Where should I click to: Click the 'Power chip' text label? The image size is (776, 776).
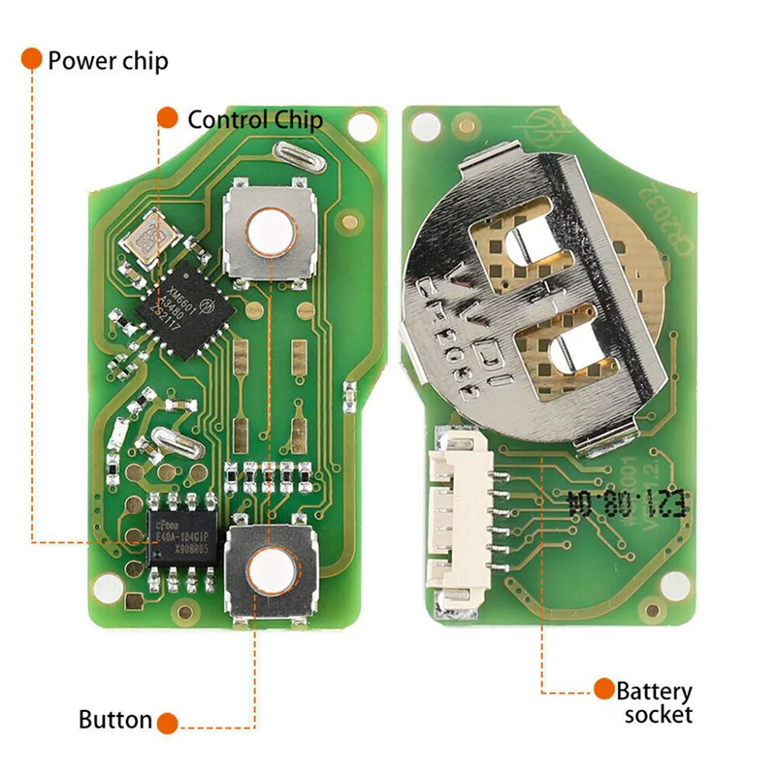pyautogui.click(x=107, y=60)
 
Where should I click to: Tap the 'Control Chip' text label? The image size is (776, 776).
pyautogui.click(x=254, y=119)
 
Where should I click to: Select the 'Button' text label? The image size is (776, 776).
pyautogui.click(x=114, y=720)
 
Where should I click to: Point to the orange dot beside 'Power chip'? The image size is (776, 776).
pyautogui.click(x=32, y=58)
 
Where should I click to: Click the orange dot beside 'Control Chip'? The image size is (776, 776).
pyautogui.click(x=167, y=118)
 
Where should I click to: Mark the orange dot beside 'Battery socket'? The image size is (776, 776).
pyautogui.click(x=603, y=690)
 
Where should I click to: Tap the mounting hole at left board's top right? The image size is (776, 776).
pyautogui.click(x=362, y=126)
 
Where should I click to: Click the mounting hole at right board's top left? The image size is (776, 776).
pyautogui.click(x=426, y=126)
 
